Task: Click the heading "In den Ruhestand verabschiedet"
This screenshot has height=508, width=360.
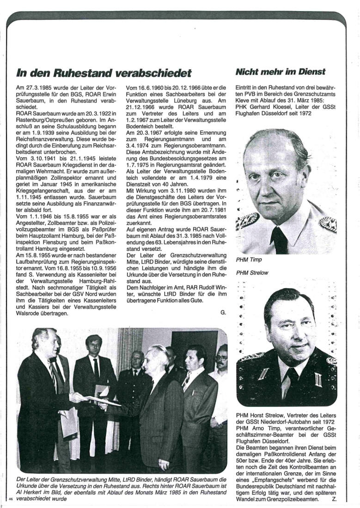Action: (104, 73)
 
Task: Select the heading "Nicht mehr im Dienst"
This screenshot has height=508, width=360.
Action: (281, 72)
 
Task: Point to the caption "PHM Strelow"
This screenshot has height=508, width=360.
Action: (252, 273)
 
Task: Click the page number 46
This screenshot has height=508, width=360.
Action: (11, 499)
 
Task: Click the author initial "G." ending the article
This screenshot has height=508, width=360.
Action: (223, 313)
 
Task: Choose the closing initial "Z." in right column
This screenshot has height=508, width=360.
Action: (334, 499)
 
